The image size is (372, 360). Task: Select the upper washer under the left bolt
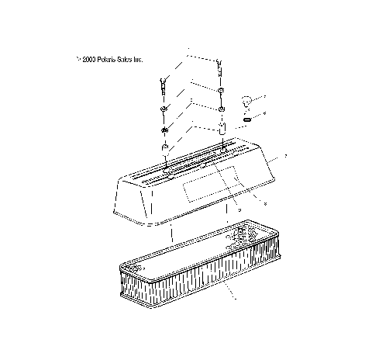164,108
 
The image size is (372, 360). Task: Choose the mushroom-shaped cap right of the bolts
246,101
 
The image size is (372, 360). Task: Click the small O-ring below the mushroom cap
246,119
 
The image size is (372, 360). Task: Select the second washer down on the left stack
164,128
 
